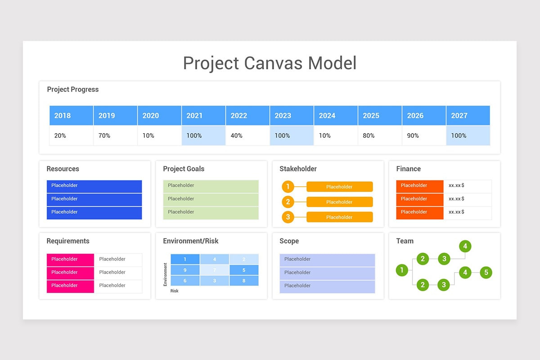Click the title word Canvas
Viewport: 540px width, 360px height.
[x=273, y=63]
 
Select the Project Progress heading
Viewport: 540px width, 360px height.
[x=73, y=90]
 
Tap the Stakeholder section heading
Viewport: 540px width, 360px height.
[x=298, y=169]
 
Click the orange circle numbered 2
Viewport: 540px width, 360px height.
[x=288, y=202]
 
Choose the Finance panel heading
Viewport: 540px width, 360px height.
[x=408, y=169]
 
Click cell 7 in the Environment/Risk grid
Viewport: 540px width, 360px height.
[x=215, y=270]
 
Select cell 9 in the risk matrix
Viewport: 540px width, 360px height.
[x=185, y=270]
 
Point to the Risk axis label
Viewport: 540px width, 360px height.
[x=174, y=291]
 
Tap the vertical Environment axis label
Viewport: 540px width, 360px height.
[x=166, y=274]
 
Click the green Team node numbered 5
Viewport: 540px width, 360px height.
[x=486, y=272]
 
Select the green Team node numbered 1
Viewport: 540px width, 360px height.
[x=402, y=270]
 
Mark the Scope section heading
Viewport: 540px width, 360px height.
[x=289, y=241]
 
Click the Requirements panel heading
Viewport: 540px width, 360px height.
[x=68, y=241]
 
